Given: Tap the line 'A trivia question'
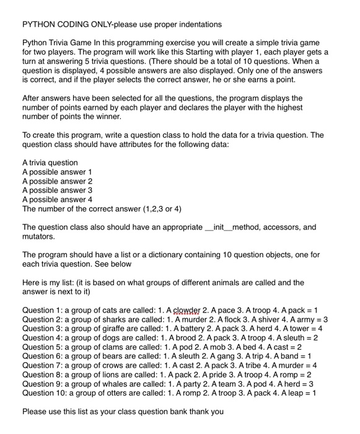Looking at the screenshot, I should coord(51,162).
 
